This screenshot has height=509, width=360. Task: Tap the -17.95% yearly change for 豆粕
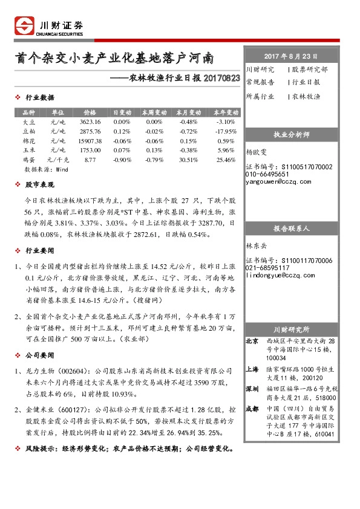[x=225, y=131]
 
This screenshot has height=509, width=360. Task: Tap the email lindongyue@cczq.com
[x=277, y=275]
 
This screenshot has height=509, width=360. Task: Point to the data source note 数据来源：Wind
[x=45, y=170]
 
